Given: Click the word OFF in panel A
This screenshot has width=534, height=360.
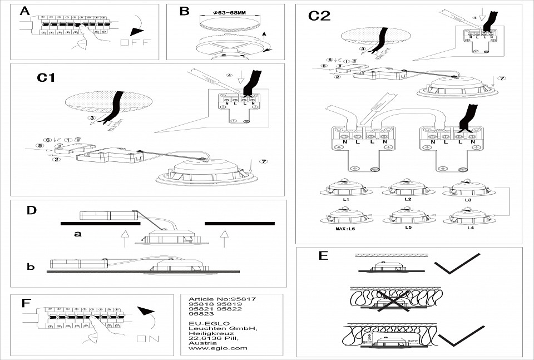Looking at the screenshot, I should click(131, 43).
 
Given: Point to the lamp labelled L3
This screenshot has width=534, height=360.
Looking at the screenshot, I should click(467, 190).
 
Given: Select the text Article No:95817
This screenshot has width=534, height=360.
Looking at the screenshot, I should click(222, 299).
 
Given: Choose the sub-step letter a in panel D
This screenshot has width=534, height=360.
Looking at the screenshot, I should click(78, 234).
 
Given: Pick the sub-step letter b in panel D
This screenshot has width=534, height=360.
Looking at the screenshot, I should click(31, 267).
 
